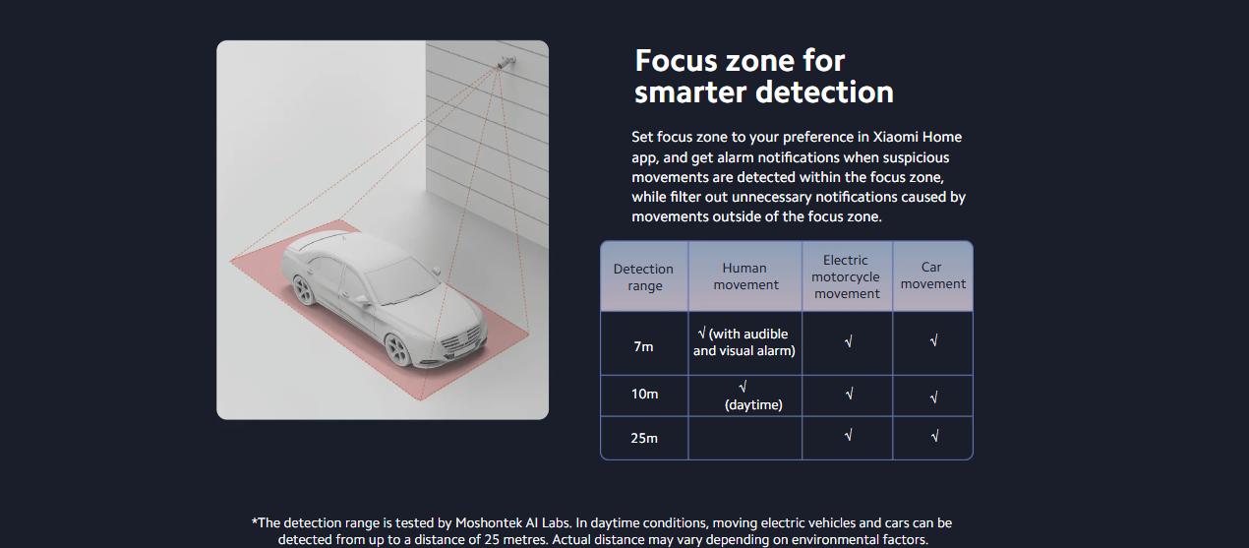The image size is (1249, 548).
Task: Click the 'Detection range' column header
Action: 644,276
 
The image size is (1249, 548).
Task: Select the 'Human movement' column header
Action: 745,276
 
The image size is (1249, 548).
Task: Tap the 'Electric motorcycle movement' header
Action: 847,276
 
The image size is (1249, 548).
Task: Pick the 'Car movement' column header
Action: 933,275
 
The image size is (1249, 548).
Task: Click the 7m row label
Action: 643,346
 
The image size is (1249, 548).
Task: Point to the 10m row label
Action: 644,394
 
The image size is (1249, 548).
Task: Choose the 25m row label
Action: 644,438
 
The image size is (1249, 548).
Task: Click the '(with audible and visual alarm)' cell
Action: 744,342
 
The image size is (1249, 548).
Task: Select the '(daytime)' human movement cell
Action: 752,404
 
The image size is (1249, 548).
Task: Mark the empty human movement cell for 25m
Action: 744,438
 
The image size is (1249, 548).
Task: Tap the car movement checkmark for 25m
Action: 934,435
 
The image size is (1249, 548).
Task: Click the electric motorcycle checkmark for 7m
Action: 848,341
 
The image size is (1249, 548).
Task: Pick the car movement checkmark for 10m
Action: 934,396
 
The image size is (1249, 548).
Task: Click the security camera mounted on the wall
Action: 506,61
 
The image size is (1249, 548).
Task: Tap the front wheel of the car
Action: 398,349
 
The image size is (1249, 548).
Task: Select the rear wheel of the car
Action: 304,290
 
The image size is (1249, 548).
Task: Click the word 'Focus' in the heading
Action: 685,60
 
